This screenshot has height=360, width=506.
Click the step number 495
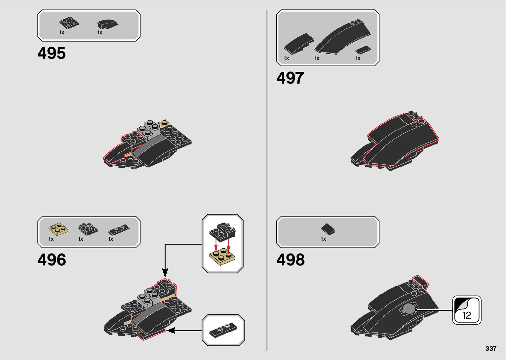(x=52, y=53)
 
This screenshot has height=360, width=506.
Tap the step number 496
(x=52, y=260)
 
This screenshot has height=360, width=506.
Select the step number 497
(x=290, y=78)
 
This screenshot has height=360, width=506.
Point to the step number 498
(x=290, y=260)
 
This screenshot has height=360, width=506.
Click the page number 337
(x=491, y=348)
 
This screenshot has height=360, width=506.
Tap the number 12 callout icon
(x=467, y=310)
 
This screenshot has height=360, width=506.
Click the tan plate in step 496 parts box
(x=58, y=229)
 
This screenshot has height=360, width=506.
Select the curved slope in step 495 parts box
(x=107, y=24)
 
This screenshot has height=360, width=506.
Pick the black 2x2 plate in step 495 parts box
(x=69, y=23)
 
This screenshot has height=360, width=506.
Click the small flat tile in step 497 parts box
(x=363, y=50)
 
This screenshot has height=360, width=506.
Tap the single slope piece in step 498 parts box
(x=328, y=228)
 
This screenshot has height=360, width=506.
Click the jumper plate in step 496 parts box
(x=119, y=229)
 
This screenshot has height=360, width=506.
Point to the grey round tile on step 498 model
(x=408, y=309)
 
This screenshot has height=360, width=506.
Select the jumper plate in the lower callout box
(x=223, y=330)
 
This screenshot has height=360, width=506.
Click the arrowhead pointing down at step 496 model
(x=165, y=272)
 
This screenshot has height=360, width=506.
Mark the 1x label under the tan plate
(x=51, y=239)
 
